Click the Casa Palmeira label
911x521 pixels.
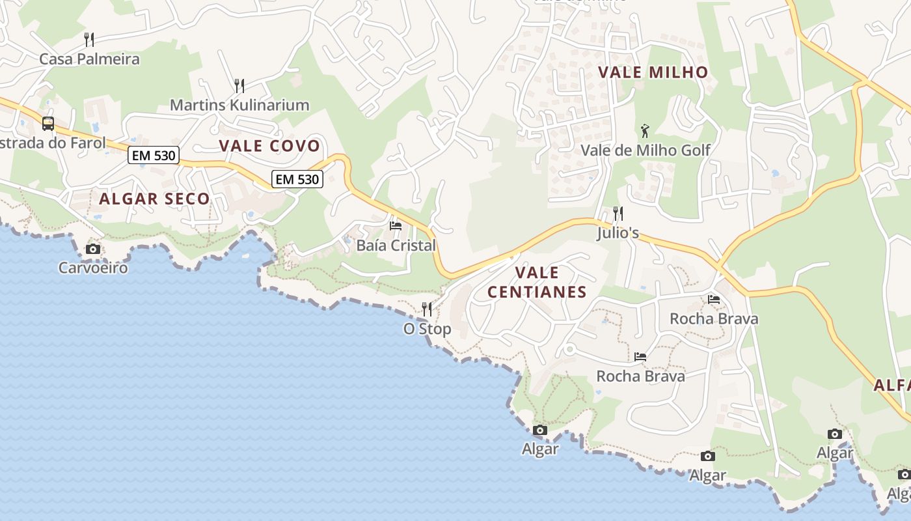(x=89, y=59)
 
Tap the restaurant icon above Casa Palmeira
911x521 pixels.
(x=89, y=39)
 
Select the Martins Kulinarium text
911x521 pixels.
(x=239, y=105)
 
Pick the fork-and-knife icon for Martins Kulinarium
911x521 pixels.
(x=239, y=85)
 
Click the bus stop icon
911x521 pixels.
(x=48, y=123)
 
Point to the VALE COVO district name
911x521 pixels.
(x=269, y=146)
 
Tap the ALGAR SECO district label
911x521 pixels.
(x=154, y=199)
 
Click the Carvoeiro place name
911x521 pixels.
(x=93, y=268)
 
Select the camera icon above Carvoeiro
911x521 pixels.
(x=93, y=249)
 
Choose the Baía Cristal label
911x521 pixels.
(x=396, y=246)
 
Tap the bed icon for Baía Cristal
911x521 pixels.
(x=396, y=226)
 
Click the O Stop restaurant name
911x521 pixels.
(x=427, y=329)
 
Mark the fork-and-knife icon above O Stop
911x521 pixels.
(x=427, y=309)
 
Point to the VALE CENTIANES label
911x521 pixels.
(x=537, y=282)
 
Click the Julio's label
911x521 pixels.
(x=618, y=232)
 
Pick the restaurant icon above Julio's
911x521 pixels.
(x=618, y=213)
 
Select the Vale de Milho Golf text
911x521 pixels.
(x=645, y=150)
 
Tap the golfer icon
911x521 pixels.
(x=645, y=130)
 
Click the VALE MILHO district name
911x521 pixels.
(x=653, y=72)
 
